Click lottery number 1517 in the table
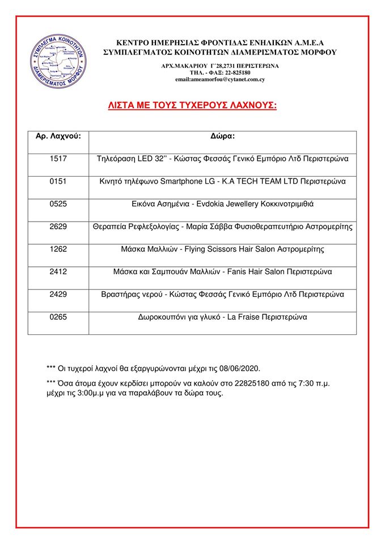click(58, 159)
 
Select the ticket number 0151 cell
click(58, 181)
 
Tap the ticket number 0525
click(58, 204)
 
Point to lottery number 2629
click(58, 227)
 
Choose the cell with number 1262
click(58, 249)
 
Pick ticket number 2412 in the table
click(58, 272)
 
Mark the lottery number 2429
click(58, 295)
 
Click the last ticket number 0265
click(58, 317)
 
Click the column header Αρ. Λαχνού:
click(58, 136)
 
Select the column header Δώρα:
click(222, 136)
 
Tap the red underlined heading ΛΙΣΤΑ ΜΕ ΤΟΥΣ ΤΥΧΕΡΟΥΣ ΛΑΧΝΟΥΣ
click(193, 105)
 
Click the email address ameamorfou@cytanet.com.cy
click(220, 80)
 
